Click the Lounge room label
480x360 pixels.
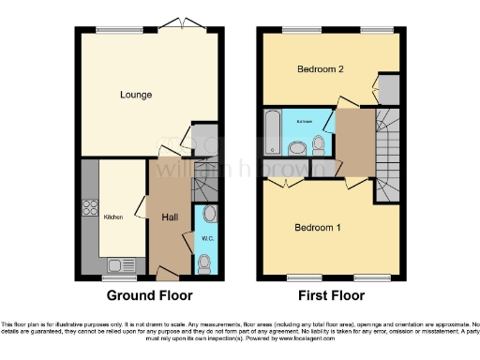(x=136, y=95)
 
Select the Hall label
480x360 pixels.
(x=171, y=217)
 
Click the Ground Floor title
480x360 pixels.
(x=149, y=295)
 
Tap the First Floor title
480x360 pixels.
(x=332, y=295)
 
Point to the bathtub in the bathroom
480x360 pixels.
(x=272, y=132)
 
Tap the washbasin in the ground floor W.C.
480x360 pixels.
(x=208, y=214)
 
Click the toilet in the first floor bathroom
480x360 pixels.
(x=320, y=143)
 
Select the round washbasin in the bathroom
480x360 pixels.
(x=298, y=147)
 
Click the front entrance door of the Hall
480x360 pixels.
(x=168, y=274)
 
